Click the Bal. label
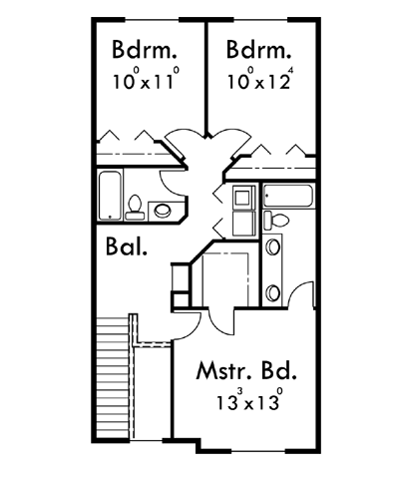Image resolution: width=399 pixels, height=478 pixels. point(127,245)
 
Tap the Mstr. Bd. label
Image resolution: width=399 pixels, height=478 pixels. point(246,371)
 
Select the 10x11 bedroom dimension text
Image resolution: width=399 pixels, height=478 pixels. point(147,80)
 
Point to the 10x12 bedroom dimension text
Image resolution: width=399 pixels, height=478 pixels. point(259,80)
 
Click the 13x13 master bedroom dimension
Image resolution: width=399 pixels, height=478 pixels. point(250,400)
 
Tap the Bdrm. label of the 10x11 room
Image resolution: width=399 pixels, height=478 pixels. point(144,50)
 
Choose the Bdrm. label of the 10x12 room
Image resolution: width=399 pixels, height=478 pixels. point(258,50)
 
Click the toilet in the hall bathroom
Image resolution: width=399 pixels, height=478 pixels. point(135,208)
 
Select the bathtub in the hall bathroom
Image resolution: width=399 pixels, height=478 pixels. point(110,196)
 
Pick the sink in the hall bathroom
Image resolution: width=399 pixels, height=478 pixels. point(163,211)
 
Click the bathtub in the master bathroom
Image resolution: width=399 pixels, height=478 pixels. point(288,196)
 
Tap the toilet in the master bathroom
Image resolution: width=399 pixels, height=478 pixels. point(276,220)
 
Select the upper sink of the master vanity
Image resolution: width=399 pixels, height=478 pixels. point(273,247)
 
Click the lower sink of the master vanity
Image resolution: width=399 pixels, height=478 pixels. point(273,292)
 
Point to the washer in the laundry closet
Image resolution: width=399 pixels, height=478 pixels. point(243,198)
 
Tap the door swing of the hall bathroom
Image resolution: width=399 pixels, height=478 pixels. point(173,184)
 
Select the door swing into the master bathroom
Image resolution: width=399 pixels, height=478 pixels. point(301,293)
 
